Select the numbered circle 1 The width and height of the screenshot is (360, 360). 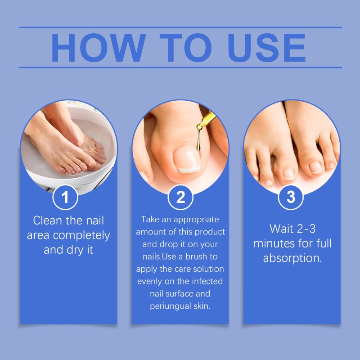coord(66,197)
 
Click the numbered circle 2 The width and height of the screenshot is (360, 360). coord(180,197)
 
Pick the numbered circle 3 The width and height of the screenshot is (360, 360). coord(291,197)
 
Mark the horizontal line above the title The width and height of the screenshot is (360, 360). coord(180,27)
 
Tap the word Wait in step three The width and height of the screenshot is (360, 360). coord(281,229)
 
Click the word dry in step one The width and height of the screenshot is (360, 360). coord(76,250)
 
